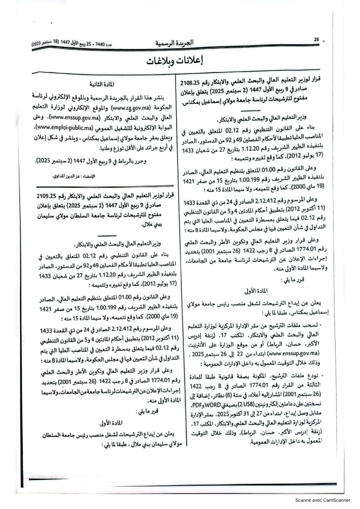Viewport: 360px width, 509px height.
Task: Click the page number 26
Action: tap(316, 39)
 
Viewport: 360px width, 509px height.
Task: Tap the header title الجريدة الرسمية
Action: tap(181, 43)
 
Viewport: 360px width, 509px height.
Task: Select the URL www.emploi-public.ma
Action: tap(58, 127)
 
